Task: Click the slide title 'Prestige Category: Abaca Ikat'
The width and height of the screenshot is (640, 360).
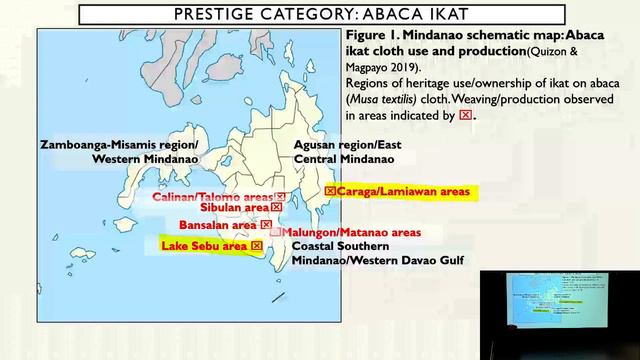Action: (x=319, y=13)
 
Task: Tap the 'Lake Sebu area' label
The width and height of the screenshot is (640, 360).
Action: (x=205, y=245)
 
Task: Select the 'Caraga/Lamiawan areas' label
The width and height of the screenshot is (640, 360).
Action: (x=404, y=190)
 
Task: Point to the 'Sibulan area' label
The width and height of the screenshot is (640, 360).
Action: (x=227, y=208)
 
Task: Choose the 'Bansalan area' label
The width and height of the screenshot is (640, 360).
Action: (x=211, y=225)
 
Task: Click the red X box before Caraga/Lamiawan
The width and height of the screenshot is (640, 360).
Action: (x=331, y=190)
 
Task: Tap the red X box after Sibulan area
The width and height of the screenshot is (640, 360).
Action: (x=262, y=208)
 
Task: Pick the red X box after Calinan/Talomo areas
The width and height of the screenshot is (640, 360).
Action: (x=281, y=197)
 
